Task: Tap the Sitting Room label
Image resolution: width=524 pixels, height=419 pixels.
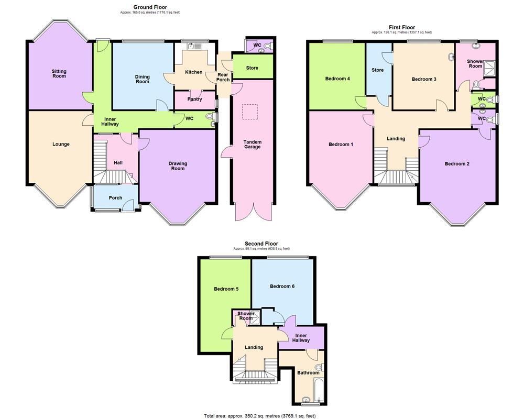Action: click(59, 74)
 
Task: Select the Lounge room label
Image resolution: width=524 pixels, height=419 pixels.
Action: click(61, 144)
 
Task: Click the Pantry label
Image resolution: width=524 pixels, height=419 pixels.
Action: click(194, 99)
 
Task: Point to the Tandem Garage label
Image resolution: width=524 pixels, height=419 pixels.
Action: click(252, 145)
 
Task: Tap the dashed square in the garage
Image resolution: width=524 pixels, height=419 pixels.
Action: click(250, 112)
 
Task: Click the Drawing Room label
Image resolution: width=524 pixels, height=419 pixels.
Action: click(178, 166)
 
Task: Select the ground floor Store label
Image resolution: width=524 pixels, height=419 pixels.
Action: click(252, 68)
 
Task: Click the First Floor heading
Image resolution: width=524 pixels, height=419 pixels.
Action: click(402, 27)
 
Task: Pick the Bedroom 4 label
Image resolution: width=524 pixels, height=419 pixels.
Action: click(337, 79)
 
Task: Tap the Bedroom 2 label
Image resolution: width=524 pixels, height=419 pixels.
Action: click(457, 164)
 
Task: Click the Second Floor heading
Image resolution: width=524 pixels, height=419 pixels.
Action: click(261, 244)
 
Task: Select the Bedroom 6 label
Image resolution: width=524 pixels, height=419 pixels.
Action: click(282, 286)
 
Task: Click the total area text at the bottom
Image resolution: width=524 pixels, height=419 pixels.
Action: click(260, 415)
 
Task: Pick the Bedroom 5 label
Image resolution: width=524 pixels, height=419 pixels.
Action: click(226, 289)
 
